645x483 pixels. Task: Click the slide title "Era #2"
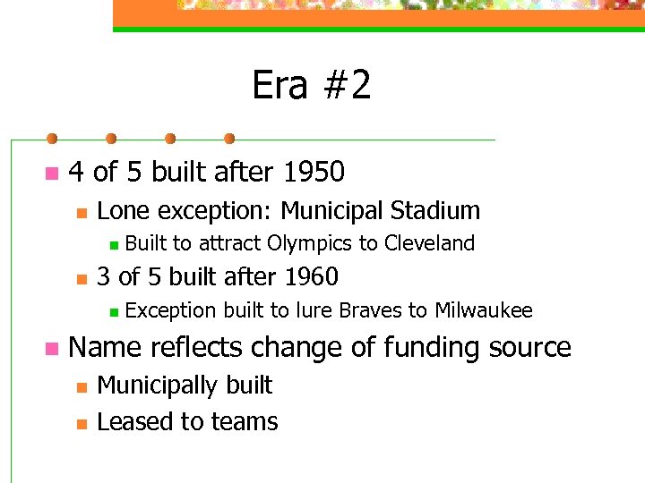(x=311, y=86)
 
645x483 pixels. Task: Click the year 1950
(x=314, y=171)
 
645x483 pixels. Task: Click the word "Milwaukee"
(x=484, y=310)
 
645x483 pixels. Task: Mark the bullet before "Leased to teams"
(x=81, y=423)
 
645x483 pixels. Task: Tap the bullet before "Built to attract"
(x=112, y=244)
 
